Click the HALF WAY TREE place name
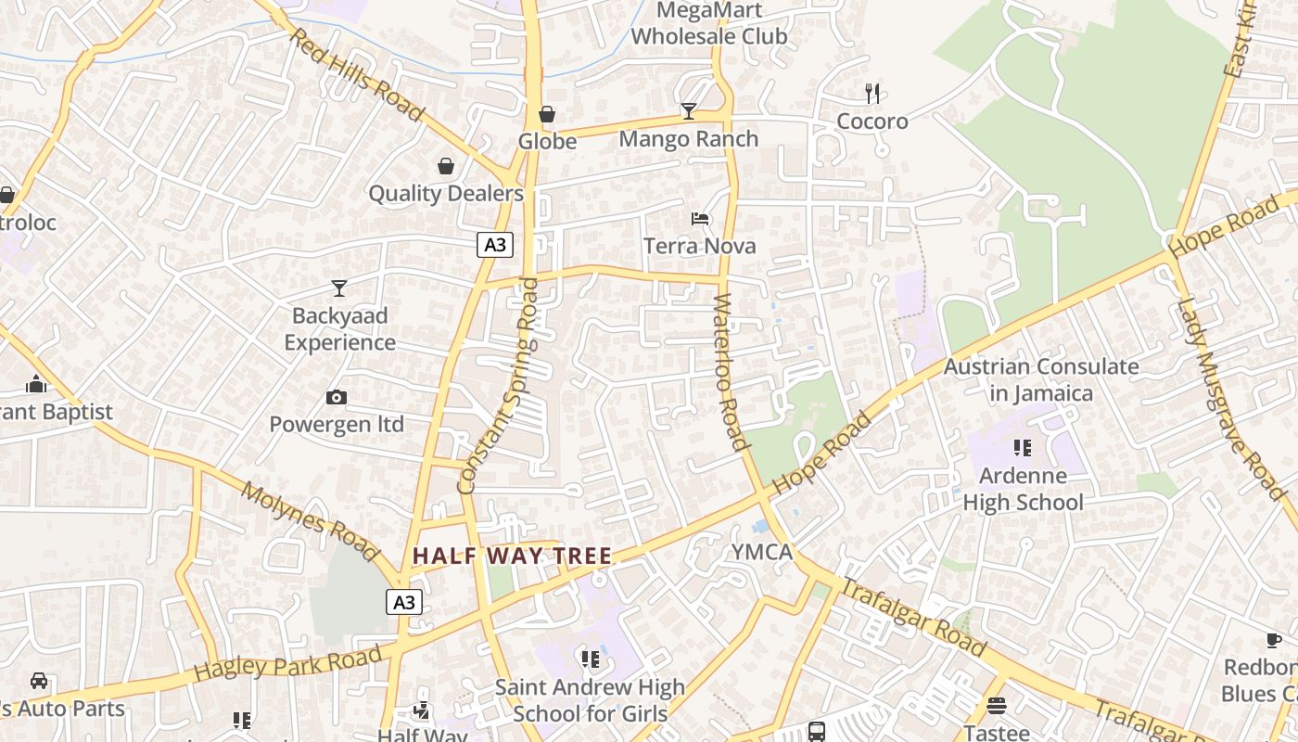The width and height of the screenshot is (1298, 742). pos(512,556)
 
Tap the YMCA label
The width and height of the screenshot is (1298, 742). pos(762,553)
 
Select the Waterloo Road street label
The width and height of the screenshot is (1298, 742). pos(732,371)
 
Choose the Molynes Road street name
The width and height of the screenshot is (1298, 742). pos(310,520)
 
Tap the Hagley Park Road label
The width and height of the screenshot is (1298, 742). pos(288,663)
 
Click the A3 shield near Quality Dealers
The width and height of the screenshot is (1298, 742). pos(495,245)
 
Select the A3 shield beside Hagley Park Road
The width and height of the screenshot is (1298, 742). pos(404,602)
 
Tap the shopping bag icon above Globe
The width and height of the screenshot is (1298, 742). pos(547,114)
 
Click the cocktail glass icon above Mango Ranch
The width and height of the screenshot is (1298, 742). pos(688,111)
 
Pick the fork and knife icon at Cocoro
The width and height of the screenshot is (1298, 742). pos(872,93)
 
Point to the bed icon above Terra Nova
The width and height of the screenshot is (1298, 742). pos(700,219)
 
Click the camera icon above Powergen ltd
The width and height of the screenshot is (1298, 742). pos(337,398)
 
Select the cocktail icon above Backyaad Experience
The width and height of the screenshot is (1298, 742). pos(339,288)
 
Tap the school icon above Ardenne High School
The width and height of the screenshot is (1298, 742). pos(1023,449)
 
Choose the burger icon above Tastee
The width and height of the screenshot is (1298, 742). pos(997,706)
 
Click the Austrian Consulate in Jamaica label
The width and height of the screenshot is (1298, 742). pos(1041,379)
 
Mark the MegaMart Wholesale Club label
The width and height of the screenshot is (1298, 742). pos(709,24)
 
